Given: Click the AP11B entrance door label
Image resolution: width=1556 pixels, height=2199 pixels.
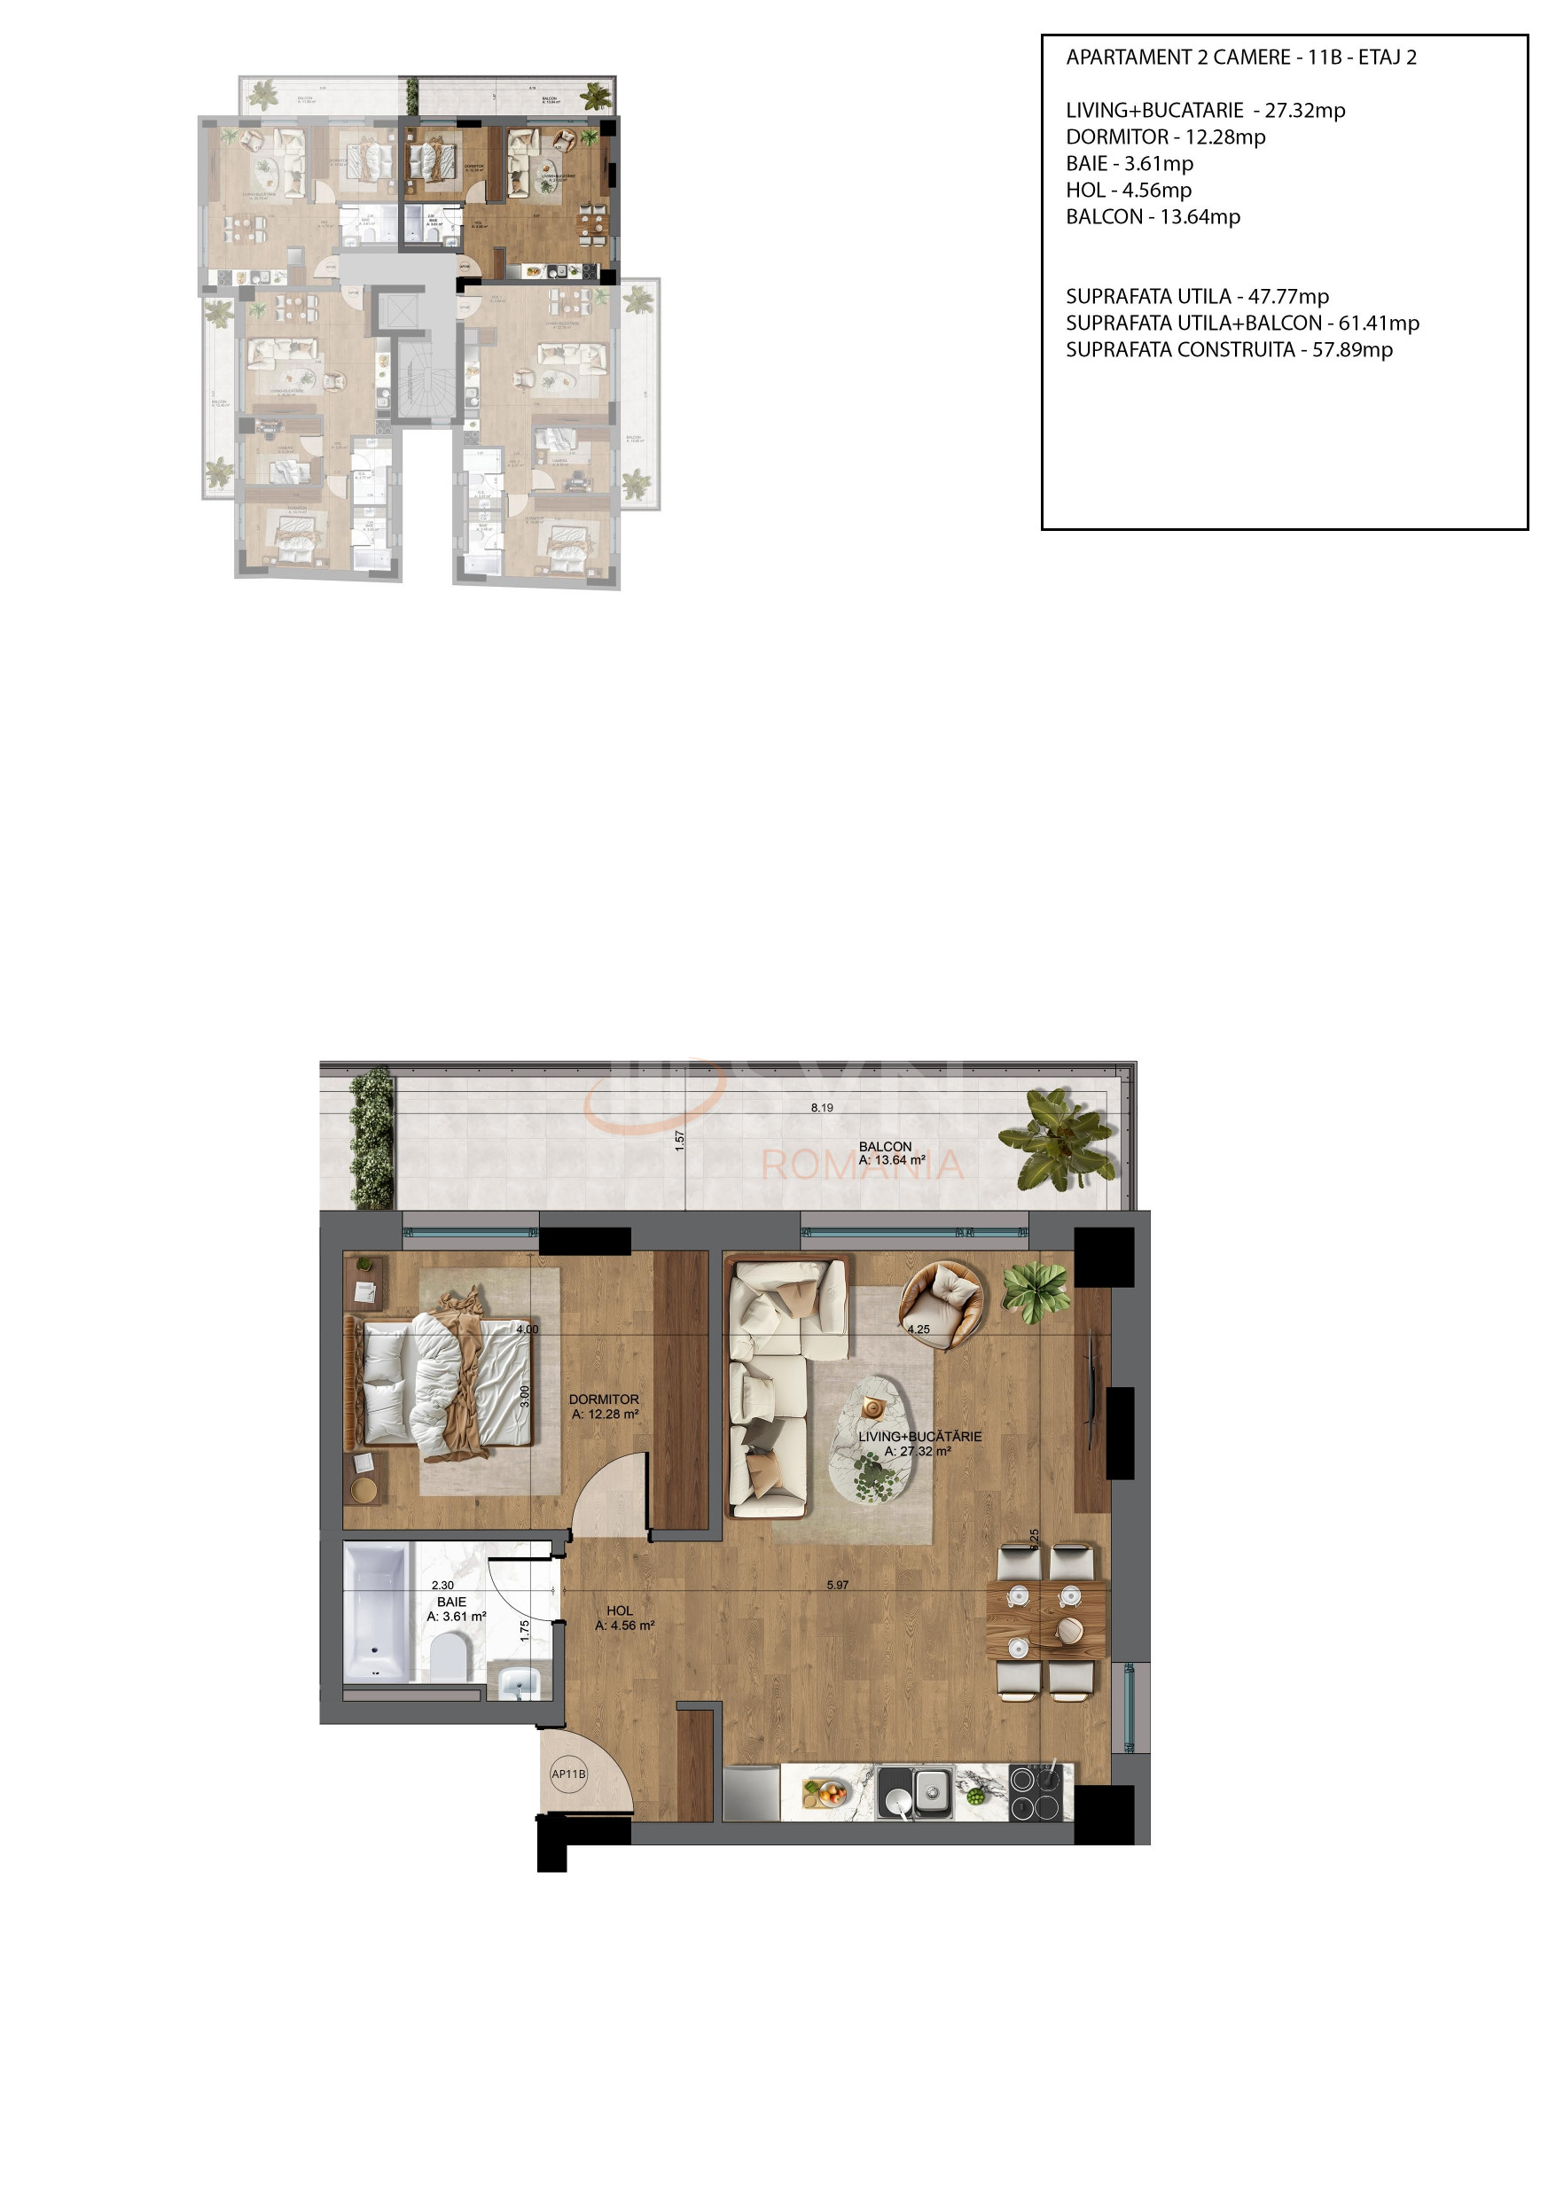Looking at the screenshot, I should (x=568, y=1774).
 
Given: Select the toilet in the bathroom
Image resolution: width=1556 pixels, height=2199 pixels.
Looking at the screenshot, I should (x=448, y=1655).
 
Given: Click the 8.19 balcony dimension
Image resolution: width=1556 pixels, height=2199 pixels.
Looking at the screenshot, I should (x=821, y=1107).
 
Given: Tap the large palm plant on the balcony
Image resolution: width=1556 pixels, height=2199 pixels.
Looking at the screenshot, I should (x=1058, y=1139).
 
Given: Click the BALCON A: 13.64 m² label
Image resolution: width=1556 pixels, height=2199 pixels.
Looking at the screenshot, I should (x=890, y=1153).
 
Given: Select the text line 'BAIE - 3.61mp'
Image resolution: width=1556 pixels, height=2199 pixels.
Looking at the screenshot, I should (x=1129, y=164).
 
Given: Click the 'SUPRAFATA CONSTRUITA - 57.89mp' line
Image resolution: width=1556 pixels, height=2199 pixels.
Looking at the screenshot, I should (x=1228, y=349).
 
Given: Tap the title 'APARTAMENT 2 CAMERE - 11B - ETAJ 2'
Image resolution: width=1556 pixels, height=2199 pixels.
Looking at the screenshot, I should (x=1240, y=58).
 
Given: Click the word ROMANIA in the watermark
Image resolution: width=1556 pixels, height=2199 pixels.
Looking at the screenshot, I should (x=862, y=1165).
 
